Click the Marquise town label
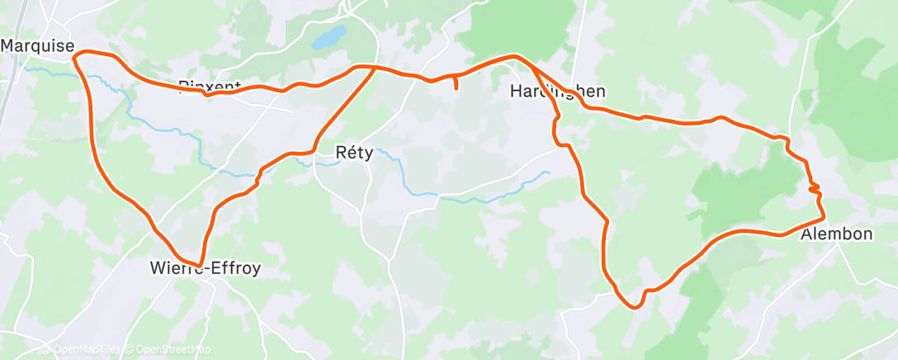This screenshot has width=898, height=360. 38,46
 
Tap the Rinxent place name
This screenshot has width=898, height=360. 210,86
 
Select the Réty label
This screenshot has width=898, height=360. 356,153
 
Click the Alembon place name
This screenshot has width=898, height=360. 836,234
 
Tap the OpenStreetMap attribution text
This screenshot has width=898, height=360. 170,350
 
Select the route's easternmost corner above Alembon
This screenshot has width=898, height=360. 824,219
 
